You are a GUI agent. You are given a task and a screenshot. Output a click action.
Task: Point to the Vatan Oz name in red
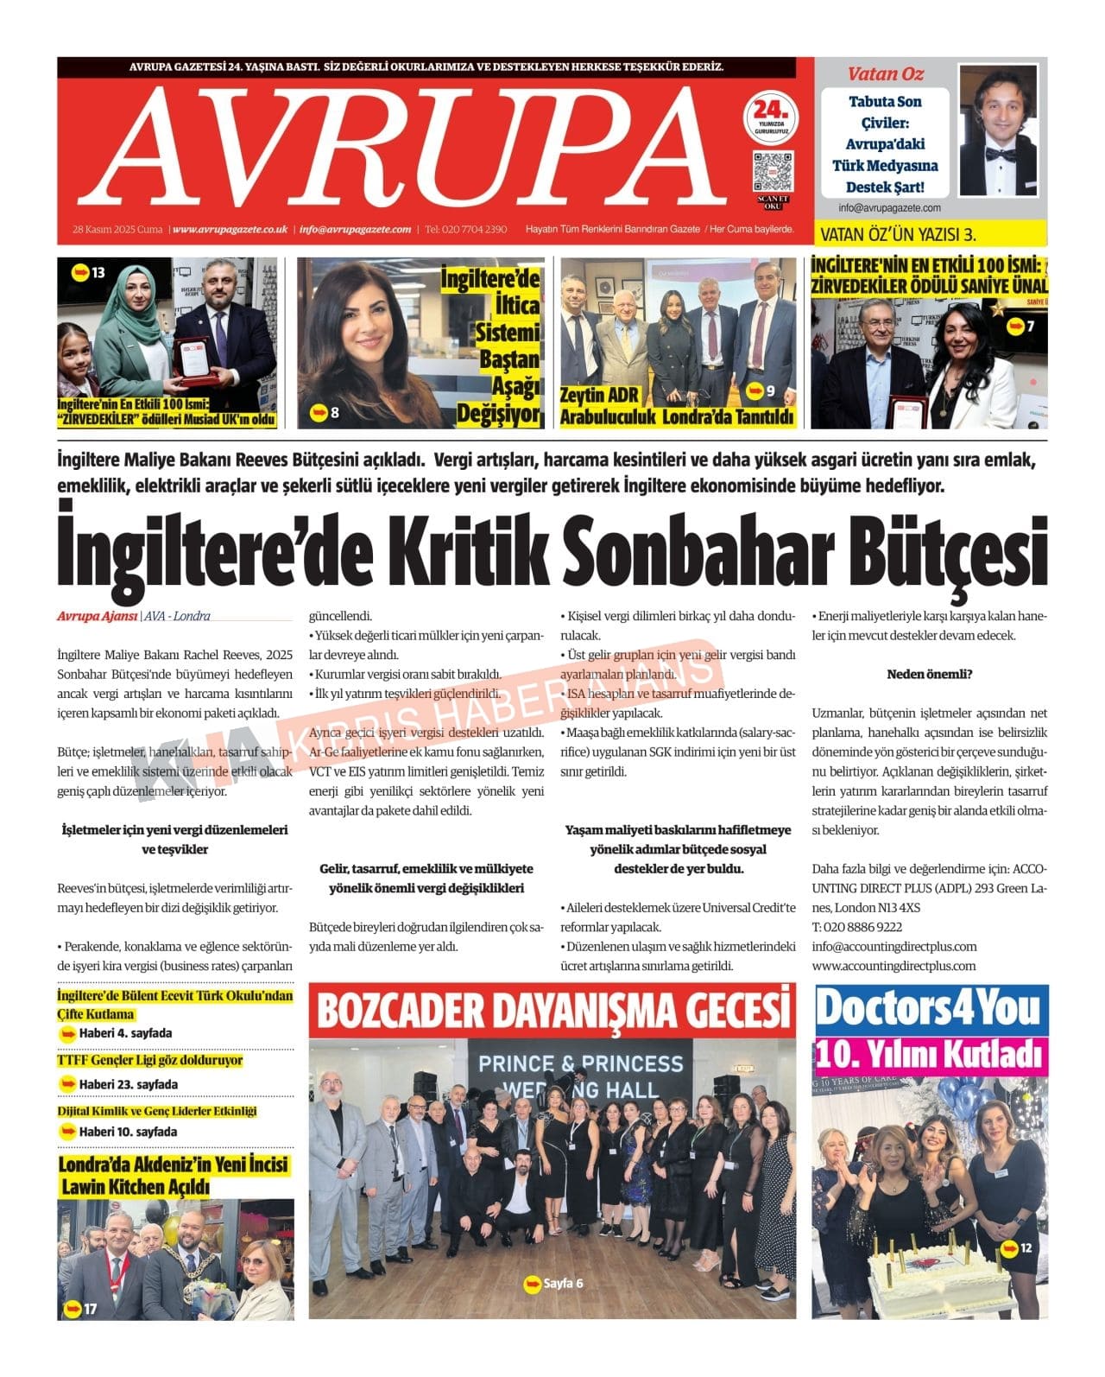point(885,73)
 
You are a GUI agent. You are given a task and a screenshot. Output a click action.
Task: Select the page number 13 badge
point(88,272)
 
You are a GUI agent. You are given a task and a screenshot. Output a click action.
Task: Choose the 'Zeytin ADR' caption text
point(599,396)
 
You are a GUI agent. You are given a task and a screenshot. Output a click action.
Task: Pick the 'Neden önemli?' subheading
point(929,674)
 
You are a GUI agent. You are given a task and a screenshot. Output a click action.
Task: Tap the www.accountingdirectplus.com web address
point(893,966)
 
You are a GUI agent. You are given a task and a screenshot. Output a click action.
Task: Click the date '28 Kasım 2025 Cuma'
point(117,230)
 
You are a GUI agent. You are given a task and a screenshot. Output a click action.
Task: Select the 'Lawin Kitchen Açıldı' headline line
point(136,1187)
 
